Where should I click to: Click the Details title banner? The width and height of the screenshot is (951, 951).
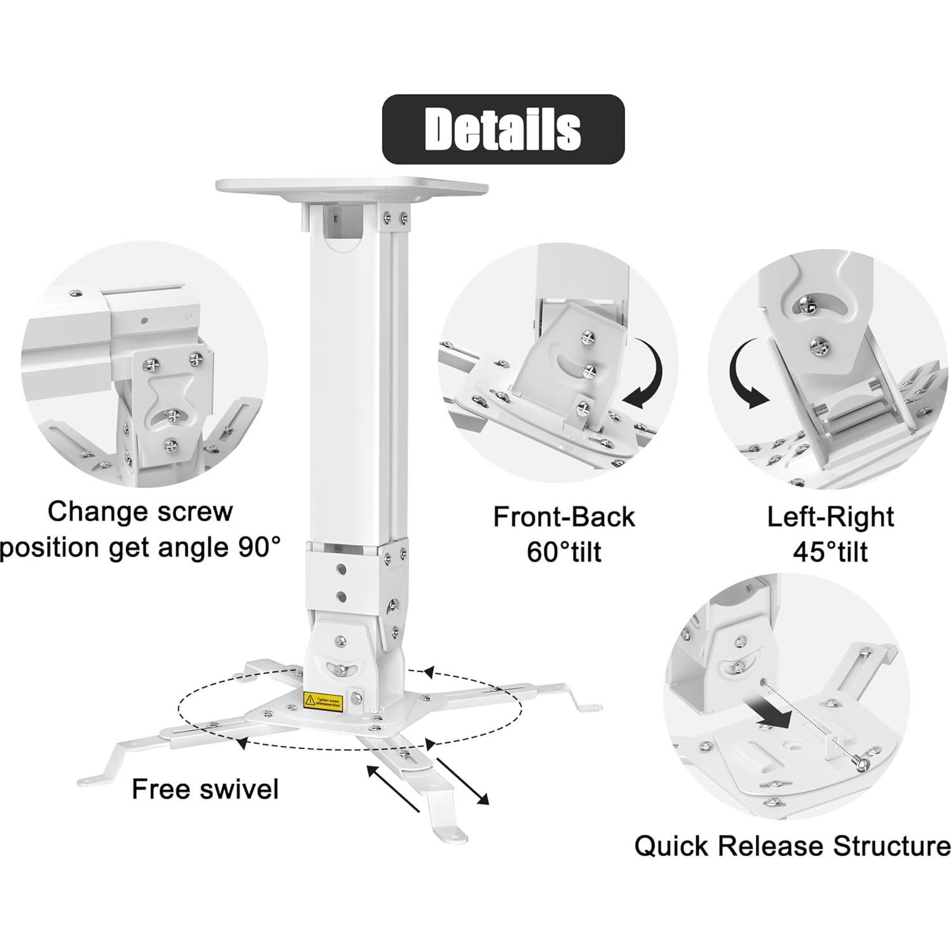[x=502, y=129]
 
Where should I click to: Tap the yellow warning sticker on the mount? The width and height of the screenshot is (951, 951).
[x=323, y=700]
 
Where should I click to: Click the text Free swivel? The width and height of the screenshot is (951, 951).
[x=205, y=789]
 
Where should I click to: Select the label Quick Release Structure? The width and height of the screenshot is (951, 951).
[x=792, y=846]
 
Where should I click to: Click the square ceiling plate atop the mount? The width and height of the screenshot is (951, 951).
[x=351, y=185]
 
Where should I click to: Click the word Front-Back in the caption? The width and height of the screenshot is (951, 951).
[x=563, y=516]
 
